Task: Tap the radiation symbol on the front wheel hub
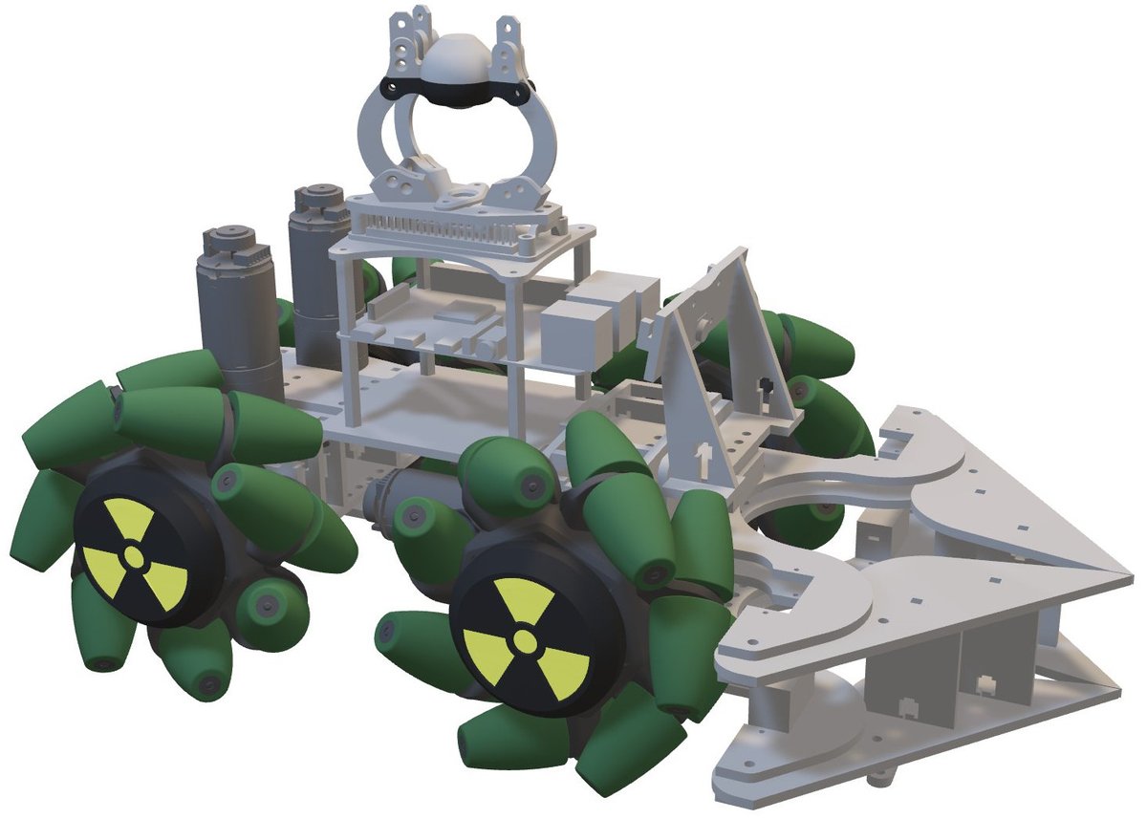(x=523, y=639)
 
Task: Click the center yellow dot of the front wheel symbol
(x=523, y=639)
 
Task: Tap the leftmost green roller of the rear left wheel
(x=38, y=521)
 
